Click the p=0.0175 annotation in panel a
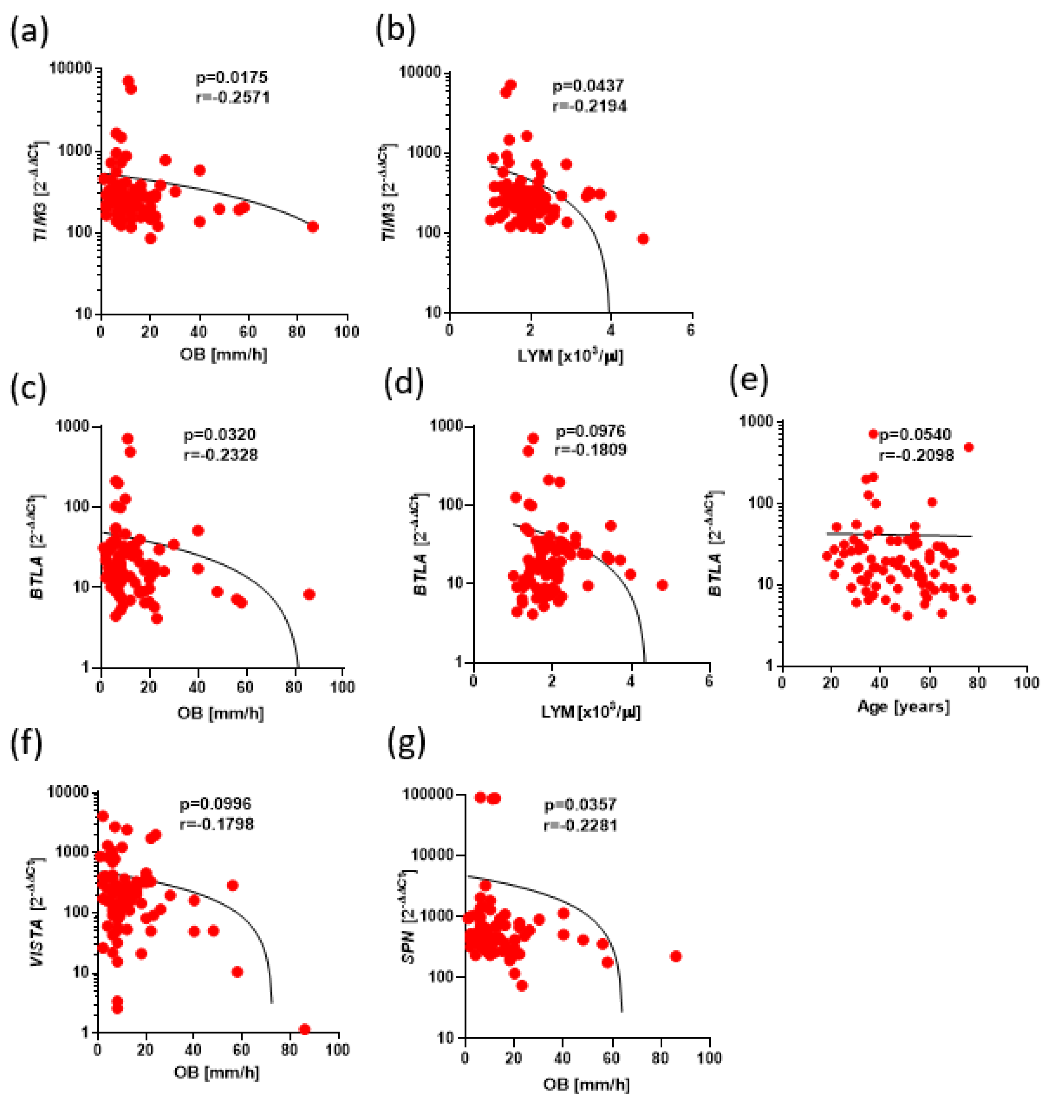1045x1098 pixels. point(231,77)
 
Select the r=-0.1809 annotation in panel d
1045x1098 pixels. point(590,450)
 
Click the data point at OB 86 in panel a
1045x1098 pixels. point(312,227)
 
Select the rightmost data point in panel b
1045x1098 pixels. point(643,239)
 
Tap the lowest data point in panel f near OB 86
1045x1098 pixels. point(304,1029)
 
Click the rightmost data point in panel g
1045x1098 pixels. point(676,956)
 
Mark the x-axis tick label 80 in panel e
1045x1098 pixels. point(977,682)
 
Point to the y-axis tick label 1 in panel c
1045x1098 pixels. point(86,667)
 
